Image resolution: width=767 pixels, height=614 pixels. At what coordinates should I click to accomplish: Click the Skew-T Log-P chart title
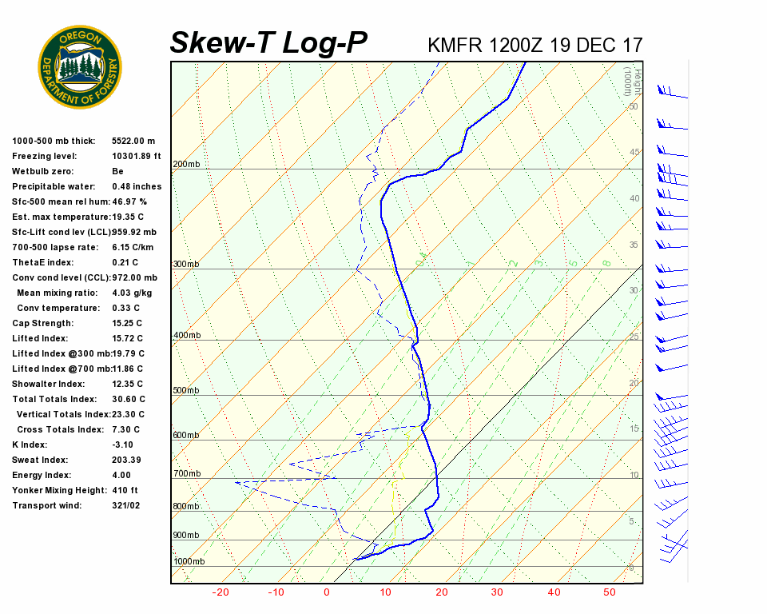click(268, 43)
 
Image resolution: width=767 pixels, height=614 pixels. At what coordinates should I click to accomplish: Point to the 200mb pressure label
click(186, 165)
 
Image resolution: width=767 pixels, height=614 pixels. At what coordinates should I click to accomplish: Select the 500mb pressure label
click(186, 391)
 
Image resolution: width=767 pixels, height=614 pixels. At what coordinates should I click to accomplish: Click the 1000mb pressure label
click(189, 562)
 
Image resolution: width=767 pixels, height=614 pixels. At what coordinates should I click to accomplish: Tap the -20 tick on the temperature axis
click(221, 592)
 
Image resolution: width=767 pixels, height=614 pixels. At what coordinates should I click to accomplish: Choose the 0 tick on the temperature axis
click(326, 592)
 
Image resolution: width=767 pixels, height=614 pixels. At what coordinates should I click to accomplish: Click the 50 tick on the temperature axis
click(610, 592)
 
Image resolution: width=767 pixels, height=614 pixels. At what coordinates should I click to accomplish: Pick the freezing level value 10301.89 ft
click(137, 157)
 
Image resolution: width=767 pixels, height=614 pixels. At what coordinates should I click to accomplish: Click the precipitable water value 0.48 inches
click(137, 187)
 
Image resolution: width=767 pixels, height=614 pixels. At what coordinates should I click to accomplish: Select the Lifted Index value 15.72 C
click(128, 339)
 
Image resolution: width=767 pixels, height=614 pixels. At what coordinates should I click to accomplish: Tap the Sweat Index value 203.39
click(126, 460)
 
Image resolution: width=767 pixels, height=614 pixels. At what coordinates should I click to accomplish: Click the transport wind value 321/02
click(126, 506)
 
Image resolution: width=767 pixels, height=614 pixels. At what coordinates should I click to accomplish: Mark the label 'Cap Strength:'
click(42, 324)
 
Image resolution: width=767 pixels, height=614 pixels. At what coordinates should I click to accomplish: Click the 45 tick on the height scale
click(634, 153)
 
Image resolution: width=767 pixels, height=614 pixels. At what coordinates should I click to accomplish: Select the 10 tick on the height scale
click(634, 476)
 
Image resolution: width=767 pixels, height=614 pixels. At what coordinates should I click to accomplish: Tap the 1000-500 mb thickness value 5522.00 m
click(133, 142)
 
